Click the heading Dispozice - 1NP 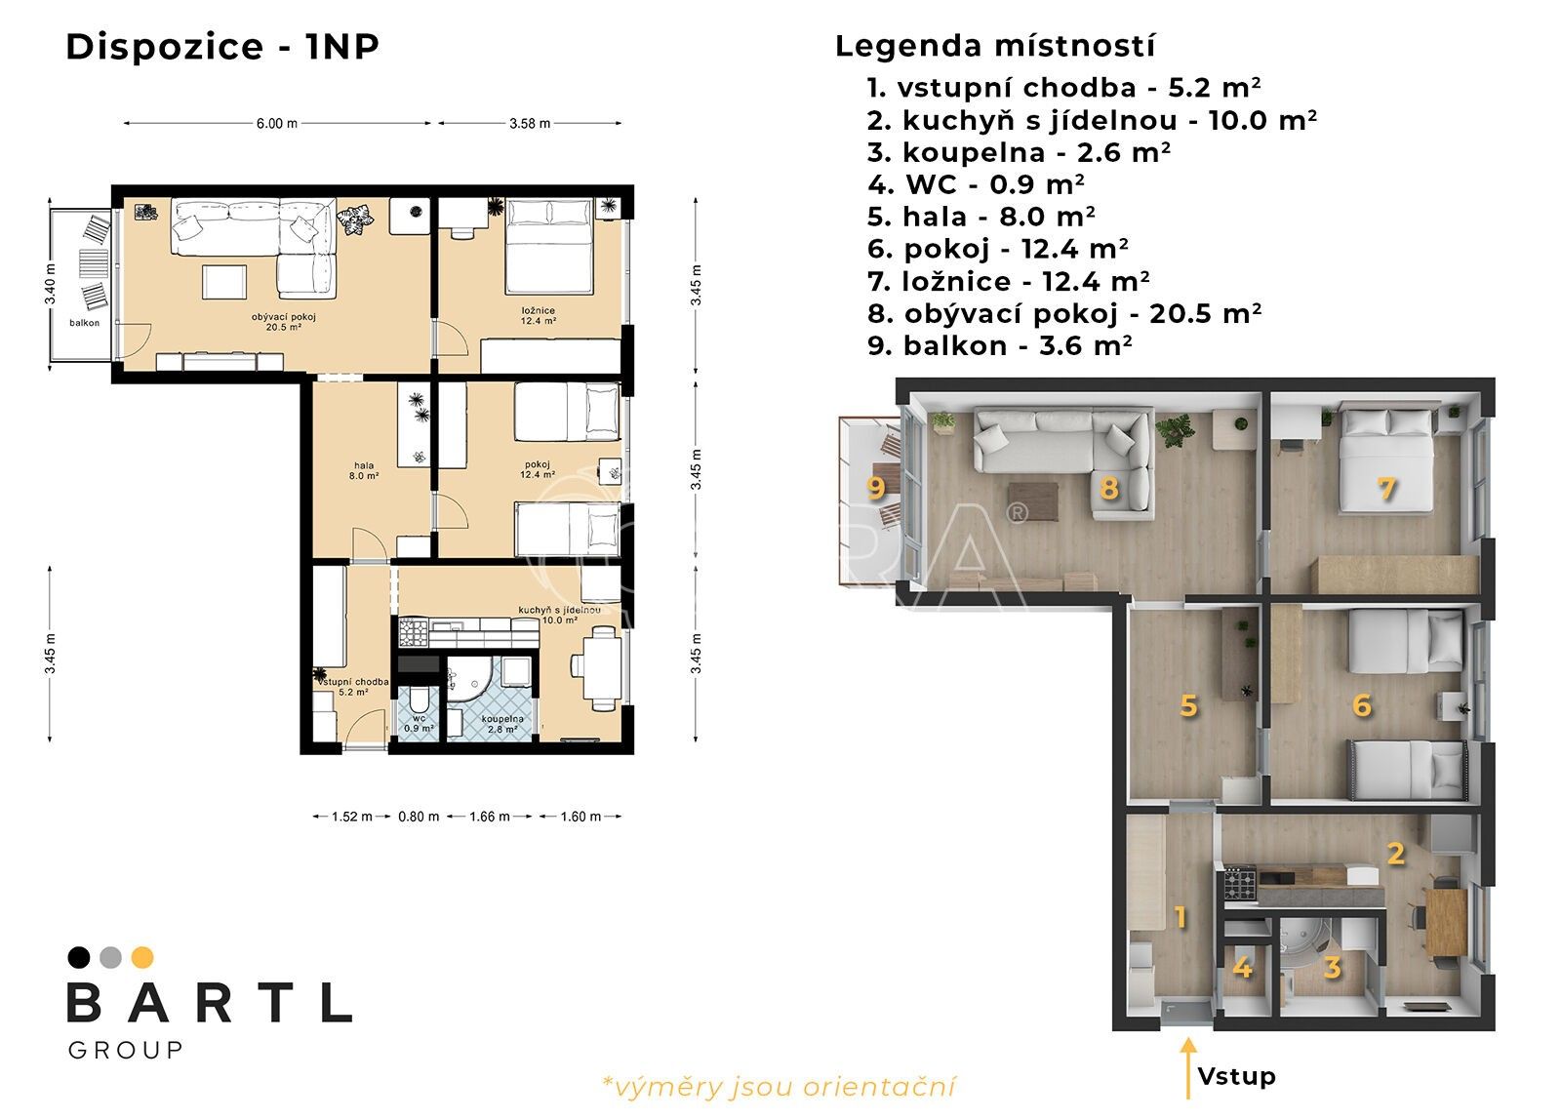tap(221, 47)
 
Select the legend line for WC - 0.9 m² tap(976, 184)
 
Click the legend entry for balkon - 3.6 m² tap(999, 345)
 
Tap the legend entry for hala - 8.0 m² tap(981, 217)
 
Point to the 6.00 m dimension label tap(276, 124)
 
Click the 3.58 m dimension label tap(530, 124)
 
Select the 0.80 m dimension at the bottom tap(419, 817)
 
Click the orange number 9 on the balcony tap(876, 488)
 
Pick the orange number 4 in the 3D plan tap(1242, 968)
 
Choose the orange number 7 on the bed tap(1386, 489)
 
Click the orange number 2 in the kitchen tap(1395, 854)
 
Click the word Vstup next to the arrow tap(1236, 1076)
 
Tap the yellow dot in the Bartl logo tap(142, 957)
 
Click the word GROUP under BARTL tap(125, 1050)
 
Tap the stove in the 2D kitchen tap(412, 632)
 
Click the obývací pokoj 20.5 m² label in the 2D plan tap(283, 322)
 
